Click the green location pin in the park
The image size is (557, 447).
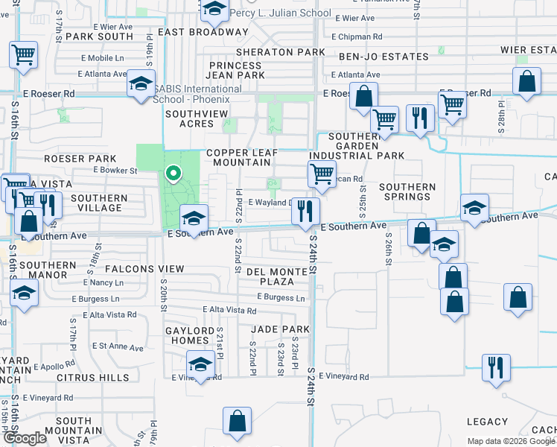174,174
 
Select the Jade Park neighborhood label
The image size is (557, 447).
279,329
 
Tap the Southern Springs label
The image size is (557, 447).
404,191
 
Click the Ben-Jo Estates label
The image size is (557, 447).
383,57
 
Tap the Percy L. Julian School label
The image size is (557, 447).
280,13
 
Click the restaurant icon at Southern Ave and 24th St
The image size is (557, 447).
305,211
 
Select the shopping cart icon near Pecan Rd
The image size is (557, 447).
321,174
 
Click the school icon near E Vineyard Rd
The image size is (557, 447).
200,365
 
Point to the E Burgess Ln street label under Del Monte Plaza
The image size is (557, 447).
281,298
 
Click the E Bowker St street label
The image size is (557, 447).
115,171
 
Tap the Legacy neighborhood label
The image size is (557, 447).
487,422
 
